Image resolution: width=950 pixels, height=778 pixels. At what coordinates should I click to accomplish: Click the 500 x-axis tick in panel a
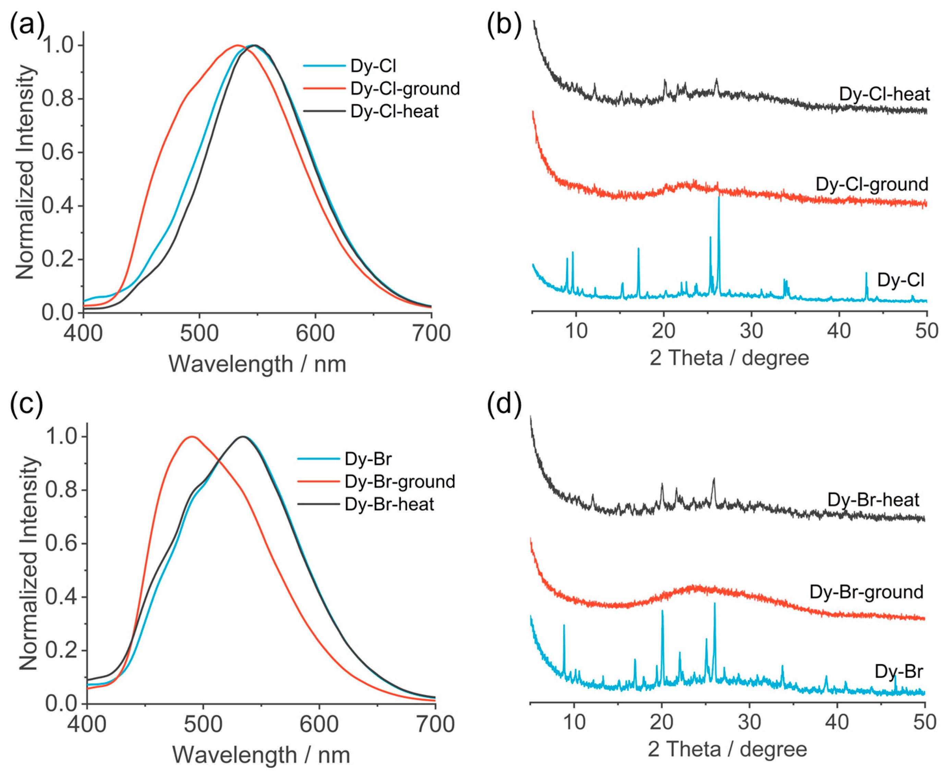[x=199, y=333]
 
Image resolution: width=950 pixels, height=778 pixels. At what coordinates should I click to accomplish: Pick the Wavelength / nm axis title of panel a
[x=257, y=364]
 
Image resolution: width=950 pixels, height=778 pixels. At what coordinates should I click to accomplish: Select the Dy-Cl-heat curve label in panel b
[x=884, y=94]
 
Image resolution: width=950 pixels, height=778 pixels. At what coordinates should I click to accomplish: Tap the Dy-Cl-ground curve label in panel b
[x=871, y=184]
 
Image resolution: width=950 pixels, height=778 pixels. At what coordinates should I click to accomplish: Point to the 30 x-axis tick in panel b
[x=751, y=331]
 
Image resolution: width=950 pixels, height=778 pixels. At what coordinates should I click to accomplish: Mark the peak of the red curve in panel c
[x=192, y=437]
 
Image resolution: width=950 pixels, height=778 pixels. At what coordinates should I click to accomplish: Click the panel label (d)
[x=504, y=403]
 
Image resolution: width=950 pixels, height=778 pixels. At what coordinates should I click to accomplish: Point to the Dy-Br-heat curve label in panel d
[x=873, y=500]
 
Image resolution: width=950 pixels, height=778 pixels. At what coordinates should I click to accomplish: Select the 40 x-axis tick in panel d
[x=837, y=722]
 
